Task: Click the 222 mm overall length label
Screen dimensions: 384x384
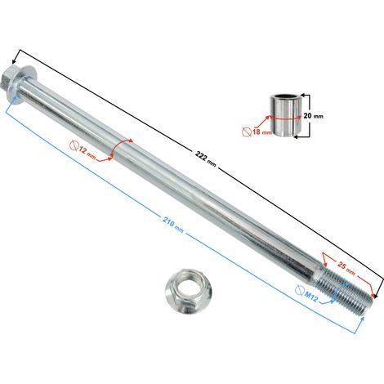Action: pyautogui.click(x=206, y=159)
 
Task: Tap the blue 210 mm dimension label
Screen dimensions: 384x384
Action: pyautogui.click(x=173, y=225)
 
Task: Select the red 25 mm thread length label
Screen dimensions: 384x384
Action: pyautogui.click(x=346, y=268)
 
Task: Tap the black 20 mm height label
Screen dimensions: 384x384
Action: pyautogui.click(x=314, y=116)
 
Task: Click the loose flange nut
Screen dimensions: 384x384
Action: pyautogui.click(x=188, y=290)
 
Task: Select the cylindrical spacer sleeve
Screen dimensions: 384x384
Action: pyautogui.click(x=285, y=114)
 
